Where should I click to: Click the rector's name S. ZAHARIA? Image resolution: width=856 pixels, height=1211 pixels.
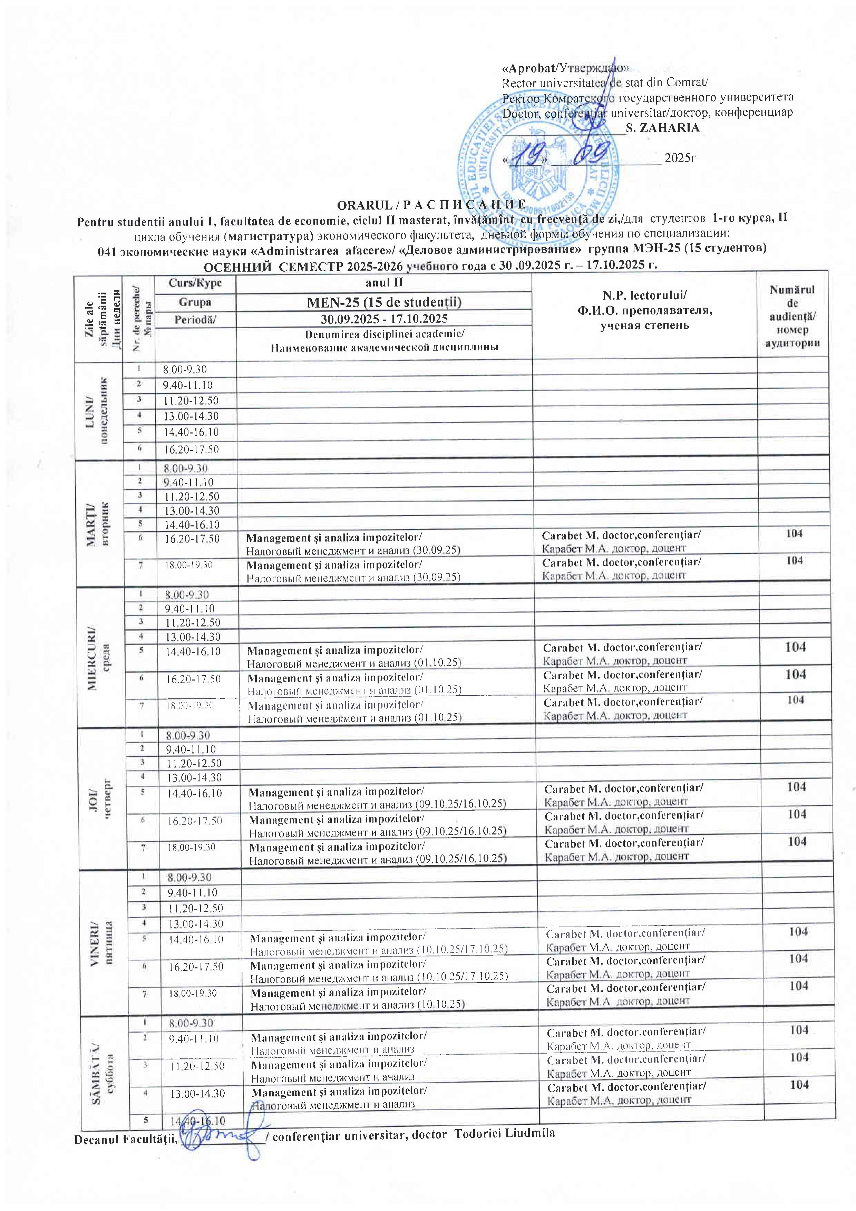click(662, 128)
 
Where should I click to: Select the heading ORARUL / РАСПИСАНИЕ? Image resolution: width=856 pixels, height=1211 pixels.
click(431, 205)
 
